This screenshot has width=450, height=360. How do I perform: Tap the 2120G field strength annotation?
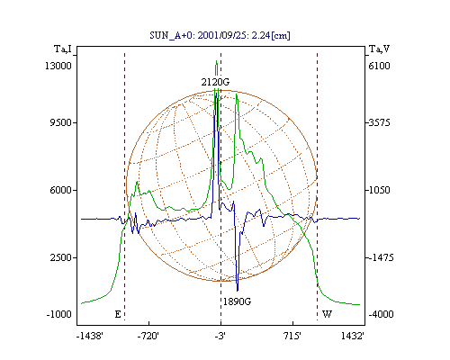(215, 82)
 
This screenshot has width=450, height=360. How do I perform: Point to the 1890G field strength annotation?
(237, 301)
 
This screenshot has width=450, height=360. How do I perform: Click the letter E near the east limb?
(118, 314)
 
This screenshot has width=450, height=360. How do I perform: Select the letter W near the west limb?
(327, 314)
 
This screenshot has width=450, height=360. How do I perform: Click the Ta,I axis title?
(63, 49)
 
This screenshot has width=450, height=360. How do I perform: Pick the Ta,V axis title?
(379, 49)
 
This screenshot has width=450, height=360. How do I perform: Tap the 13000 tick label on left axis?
(58, 66)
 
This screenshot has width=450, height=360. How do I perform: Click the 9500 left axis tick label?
(60, 122)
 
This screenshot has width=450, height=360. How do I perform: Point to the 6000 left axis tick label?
(60, 190)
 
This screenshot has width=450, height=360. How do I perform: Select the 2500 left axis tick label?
(60, 257)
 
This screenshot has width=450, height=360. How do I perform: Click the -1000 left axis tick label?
(59, 314)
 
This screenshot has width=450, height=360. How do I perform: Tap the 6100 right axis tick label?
(379, 66)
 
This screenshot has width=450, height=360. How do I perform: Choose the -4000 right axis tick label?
(381, 314)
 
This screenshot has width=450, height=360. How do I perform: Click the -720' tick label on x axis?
(148, 336)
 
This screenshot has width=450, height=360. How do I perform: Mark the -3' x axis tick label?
(220, 336)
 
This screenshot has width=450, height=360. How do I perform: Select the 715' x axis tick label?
(292, 336)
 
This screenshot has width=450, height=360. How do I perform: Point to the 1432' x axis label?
(353, 336)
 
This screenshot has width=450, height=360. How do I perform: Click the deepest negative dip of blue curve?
(238, 291)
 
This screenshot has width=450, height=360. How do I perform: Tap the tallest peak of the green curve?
(216, 61)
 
